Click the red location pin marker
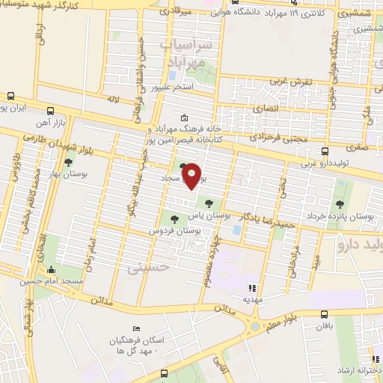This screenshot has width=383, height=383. [192, 175]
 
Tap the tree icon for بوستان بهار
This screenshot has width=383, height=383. [69, 162]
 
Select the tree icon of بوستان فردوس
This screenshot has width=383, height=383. [174, 219]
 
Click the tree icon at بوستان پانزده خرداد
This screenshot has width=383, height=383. [340, 203]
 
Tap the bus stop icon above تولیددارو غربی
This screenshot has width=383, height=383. [325, 151]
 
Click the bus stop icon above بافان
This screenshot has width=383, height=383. [323, 315]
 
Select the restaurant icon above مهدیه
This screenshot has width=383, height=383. [252, 287]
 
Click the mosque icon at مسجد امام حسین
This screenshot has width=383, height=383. [51, 270]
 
